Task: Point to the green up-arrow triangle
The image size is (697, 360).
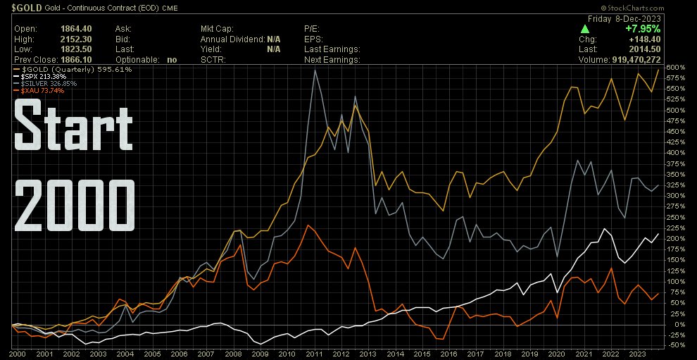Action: [585, 29]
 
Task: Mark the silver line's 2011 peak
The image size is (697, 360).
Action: [314, 70]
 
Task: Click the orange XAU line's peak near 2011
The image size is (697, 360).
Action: [308, 225]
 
